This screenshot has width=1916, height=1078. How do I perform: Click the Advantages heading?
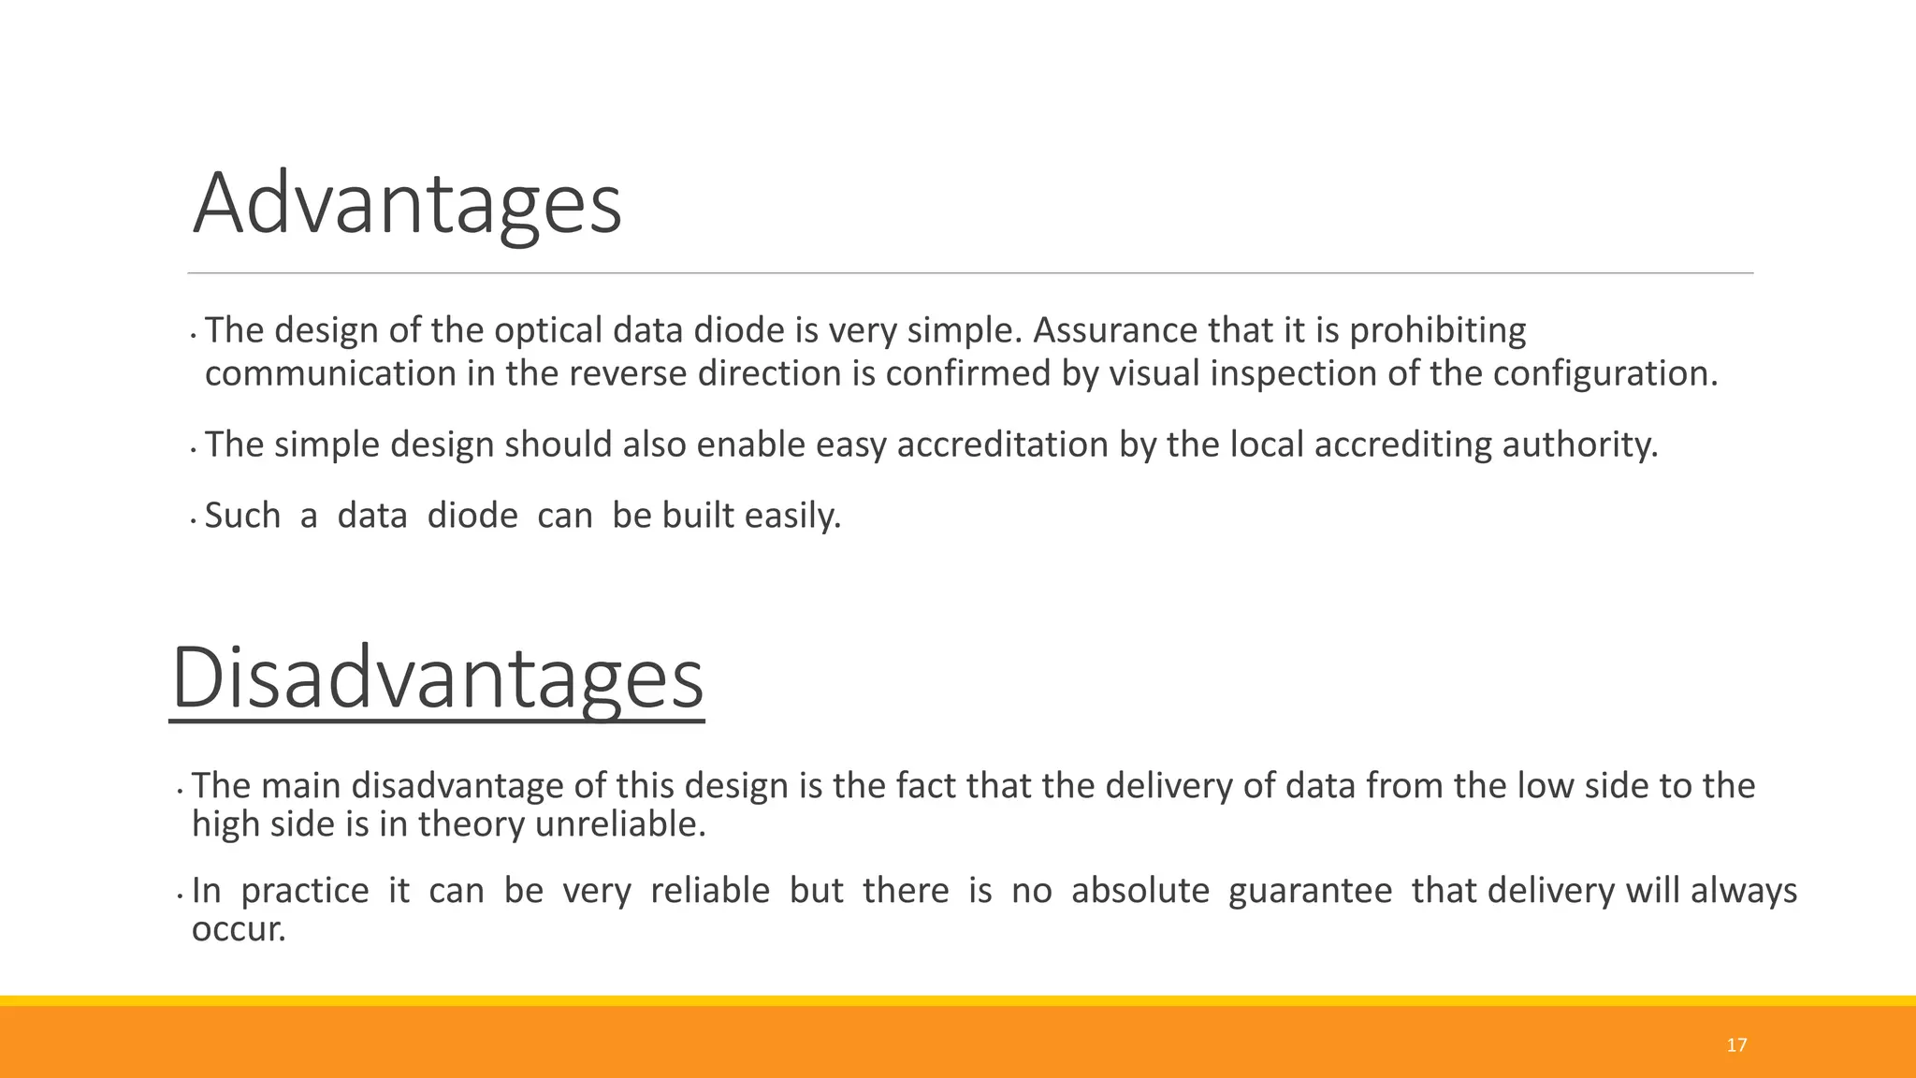pyautogui.click(x=407, y=204)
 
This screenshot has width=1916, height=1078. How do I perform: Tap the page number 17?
pyautogui.click(x=1736, y=1045)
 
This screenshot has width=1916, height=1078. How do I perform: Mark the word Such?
pyautogui.click(x=242, y=516)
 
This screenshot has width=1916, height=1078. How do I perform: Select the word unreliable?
pyautogui.click(x=620, y=824)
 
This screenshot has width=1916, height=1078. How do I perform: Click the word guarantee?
pyautogui.click(x=1310, y=890)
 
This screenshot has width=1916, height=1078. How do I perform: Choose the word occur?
pyautogui.click(x=238, y=929)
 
